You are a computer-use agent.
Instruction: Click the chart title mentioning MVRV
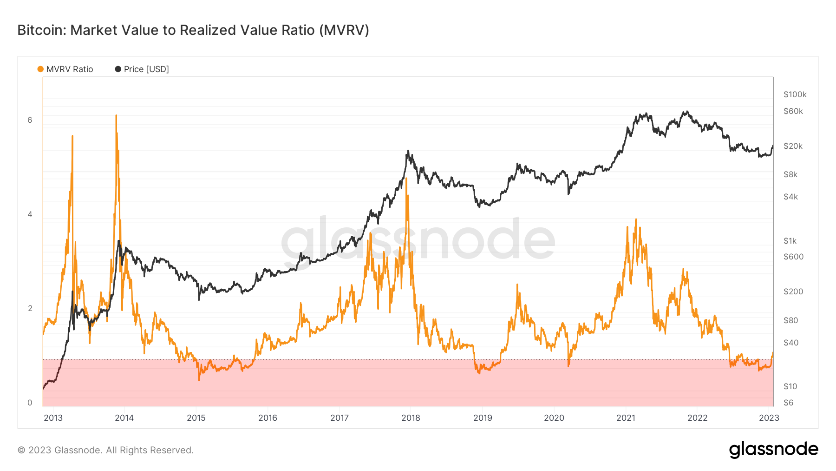pos(193,30)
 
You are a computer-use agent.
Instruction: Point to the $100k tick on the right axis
pos(795,94)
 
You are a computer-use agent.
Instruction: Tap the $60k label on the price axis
pos(793,111)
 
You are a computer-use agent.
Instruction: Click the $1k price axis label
pos(790,241)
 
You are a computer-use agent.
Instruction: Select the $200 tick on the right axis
pos(793,292)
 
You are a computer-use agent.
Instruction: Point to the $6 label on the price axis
pos(788,403)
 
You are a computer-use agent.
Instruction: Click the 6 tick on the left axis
pos(30,120)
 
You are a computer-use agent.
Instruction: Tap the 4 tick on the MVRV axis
pos(30,214)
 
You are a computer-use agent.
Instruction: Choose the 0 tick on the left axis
pos(30,403)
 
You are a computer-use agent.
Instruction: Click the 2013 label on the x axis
pos(53,418)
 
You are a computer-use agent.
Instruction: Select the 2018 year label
pos(411,418)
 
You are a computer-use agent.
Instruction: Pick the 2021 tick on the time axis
pos(626,418)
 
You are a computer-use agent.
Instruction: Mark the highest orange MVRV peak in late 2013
pos(116,115)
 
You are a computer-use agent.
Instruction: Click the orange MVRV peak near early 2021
pos(635,219)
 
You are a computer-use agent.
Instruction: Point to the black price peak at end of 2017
pos(408,151)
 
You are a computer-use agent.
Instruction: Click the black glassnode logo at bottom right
pos(773,450)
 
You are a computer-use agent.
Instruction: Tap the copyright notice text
pos(105,450)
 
